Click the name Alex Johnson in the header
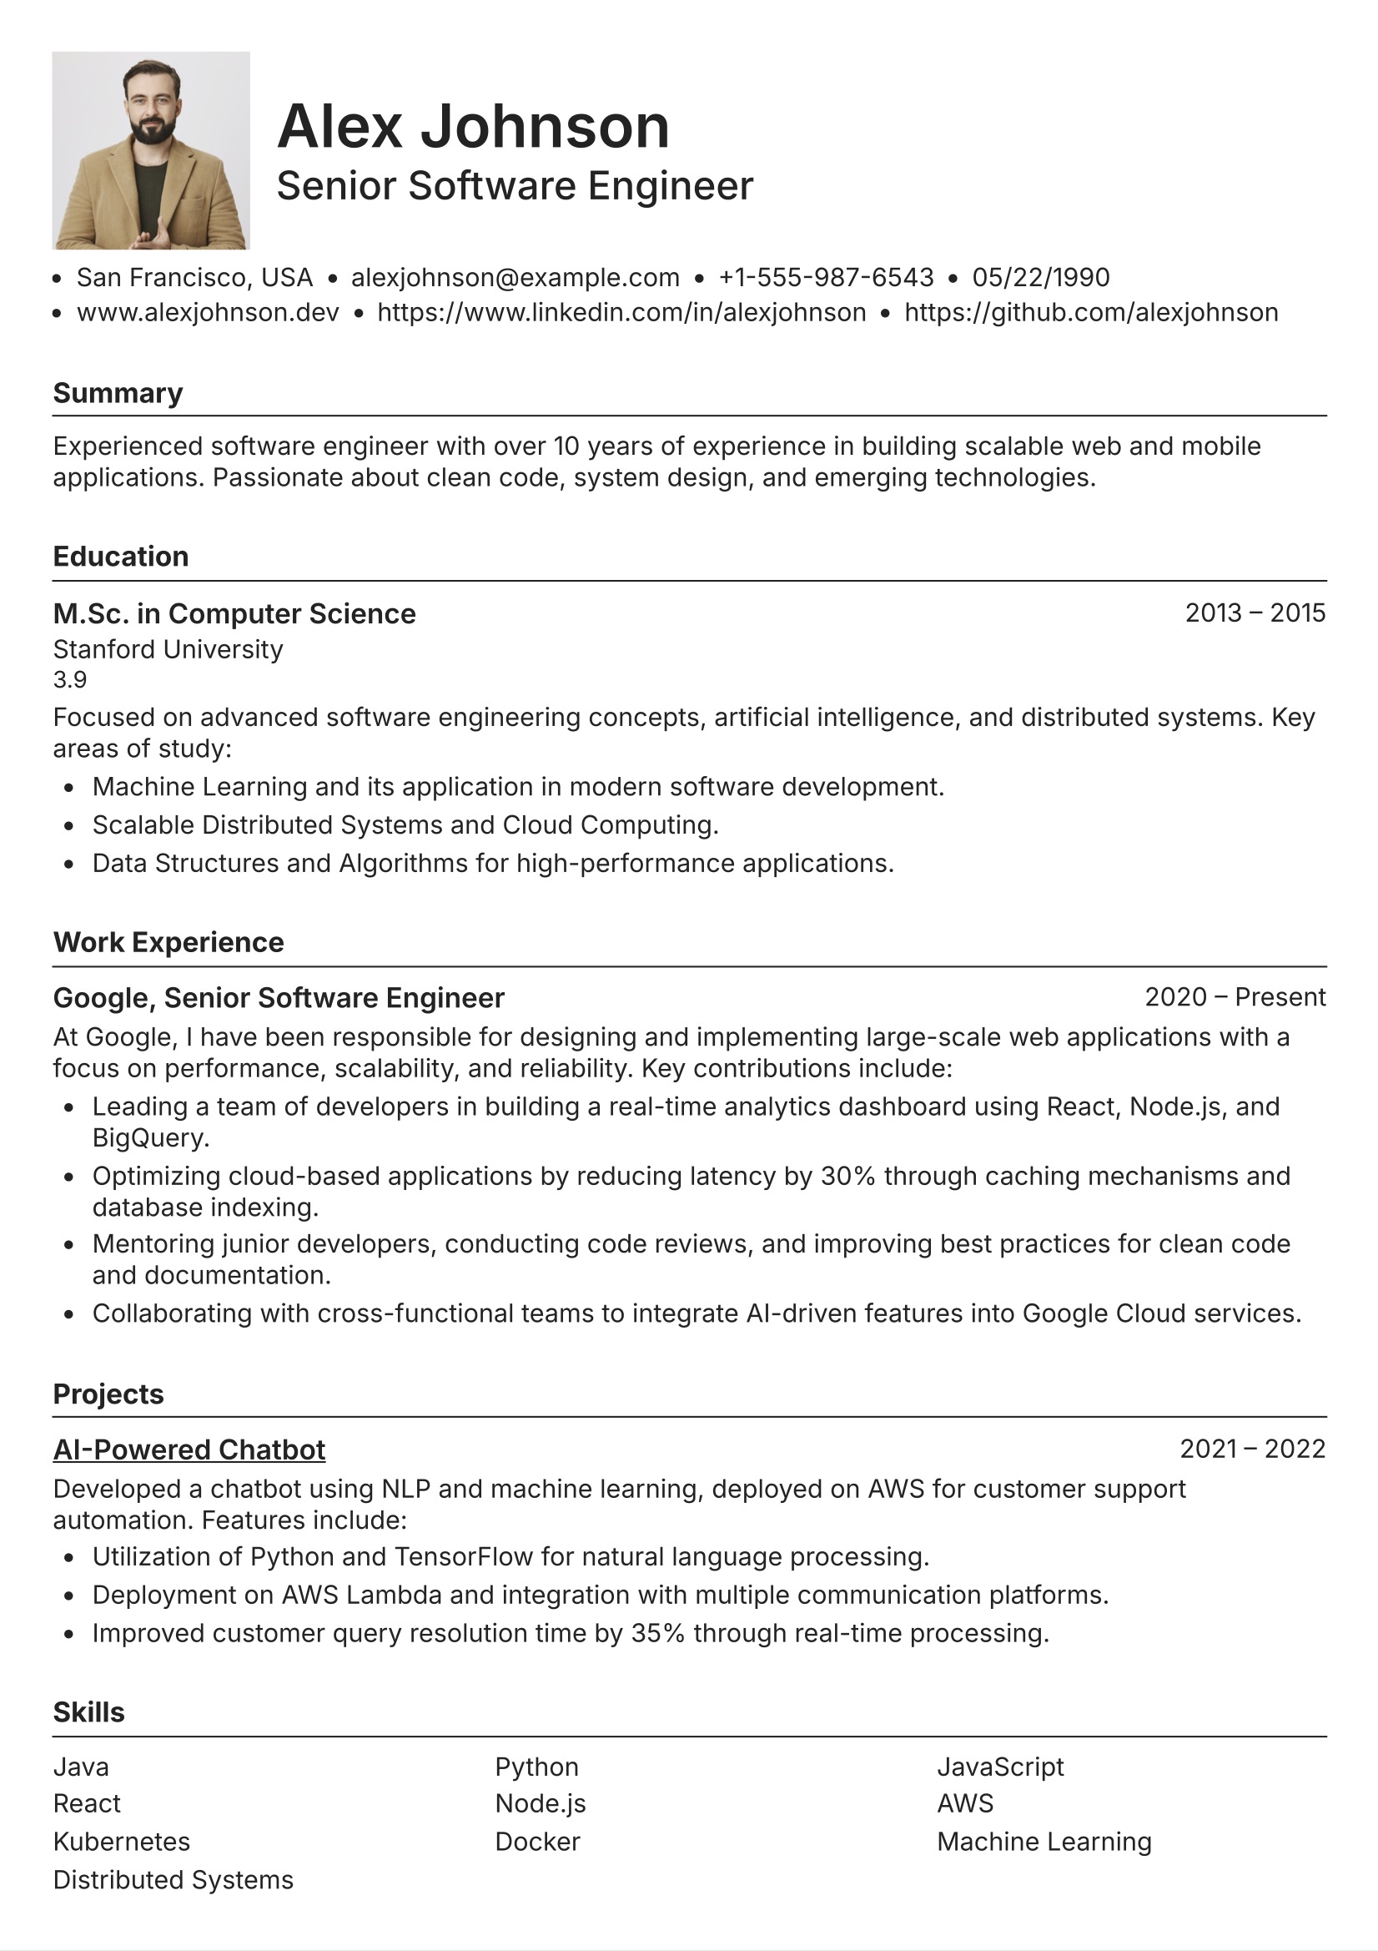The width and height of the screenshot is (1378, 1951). (x=473, y=126)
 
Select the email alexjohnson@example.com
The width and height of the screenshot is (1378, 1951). (x=515, y=277)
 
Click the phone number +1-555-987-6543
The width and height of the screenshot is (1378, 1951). (x=826, y=277)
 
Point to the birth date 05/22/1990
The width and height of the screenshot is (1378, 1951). (x=1041, y=277)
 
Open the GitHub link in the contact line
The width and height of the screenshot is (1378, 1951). (x=1091, y=313)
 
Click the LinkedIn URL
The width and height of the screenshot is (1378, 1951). (x=621, y=313)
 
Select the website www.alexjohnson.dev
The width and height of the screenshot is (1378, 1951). (x=208, y=313)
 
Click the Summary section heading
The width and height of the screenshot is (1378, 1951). (x=118, y=393)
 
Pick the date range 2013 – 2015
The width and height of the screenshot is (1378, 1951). (x=1255, y=613)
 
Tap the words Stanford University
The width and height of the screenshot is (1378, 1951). (x=168, y=649)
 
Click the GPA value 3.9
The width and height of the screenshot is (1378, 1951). (x=70, y=680)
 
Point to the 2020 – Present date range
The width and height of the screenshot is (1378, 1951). (x=1235, y=996)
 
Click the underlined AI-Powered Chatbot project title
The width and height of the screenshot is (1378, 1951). (x=189, y=1449)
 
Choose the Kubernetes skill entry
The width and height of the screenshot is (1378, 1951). (x=122, y=1842)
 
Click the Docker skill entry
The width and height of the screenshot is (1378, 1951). (x=537, y=1842)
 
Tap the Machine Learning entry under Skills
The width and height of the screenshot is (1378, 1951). (x=1044, y=1842)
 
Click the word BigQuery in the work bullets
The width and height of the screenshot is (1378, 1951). (x=149, y=1137)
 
